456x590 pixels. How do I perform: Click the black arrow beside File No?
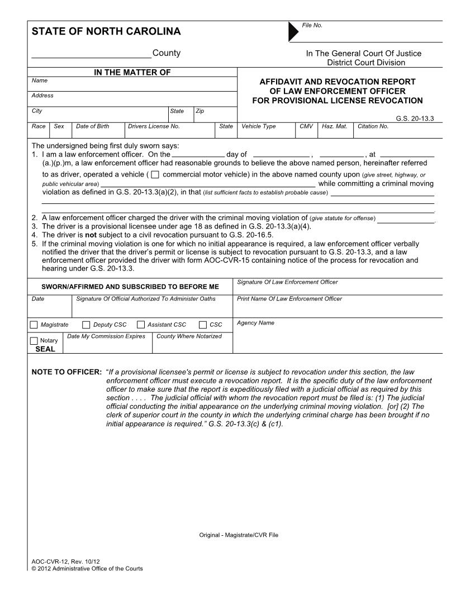[293, 32]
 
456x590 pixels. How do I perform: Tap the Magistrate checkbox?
[34, 325]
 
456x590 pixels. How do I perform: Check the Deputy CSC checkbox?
[86, 325]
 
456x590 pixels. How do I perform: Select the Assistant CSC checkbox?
[141, 325]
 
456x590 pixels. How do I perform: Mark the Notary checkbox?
[34, 340]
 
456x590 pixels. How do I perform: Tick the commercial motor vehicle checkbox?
[155, 174]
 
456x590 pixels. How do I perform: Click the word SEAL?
[45, 349]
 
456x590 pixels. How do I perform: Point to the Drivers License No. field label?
[154, 126]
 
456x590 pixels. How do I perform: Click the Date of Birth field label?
[92, 126]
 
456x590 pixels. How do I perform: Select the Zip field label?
[199, 111]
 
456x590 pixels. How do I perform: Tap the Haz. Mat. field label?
[334, 126]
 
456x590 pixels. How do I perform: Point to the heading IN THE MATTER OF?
[132, 72]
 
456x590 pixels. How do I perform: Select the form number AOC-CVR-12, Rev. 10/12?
[65, 561]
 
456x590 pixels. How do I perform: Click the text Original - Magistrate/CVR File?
[239, 535]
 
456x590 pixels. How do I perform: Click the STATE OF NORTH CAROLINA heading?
[106, 32]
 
